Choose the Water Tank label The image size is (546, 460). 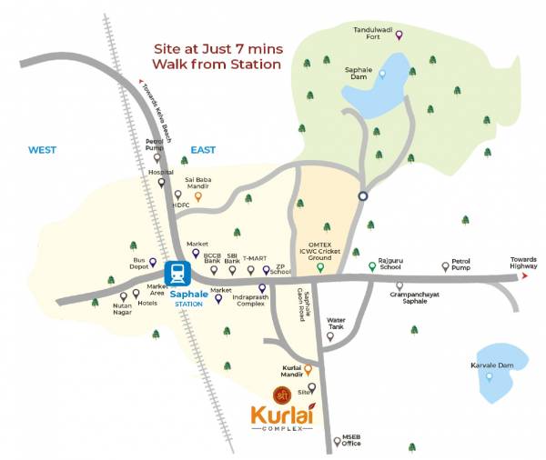point(336,322)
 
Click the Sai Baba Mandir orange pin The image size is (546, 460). point(198,195)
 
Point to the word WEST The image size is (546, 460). point(43,150)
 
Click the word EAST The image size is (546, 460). point(202,149)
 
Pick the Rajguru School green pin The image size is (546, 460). point(371,265)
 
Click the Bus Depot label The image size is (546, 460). point(139,264)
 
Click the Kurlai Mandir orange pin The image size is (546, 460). point(308,369)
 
